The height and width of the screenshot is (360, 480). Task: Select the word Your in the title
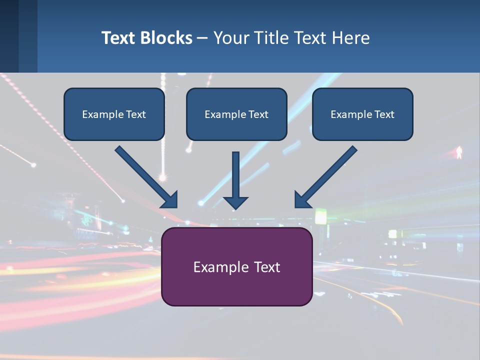pyautogui.click(x=231, y=38)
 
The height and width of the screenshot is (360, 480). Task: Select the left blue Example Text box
pyautogui.click(x=114, y=114)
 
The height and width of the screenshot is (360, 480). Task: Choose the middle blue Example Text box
pyautogui.click(x=236, y=114)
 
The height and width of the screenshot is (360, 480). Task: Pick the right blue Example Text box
pyautogui.click(x=362, y=114)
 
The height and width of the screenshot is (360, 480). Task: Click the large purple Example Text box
pyautogui.click(x=237, y=266)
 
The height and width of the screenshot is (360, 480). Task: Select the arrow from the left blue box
pyautogui.click(x=145, y=176)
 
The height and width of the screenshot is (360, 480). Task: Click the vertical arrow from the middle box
pyautogui.click(x=235, y=175)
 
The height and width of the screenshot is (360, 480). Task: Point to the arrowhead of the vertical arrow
pyautogui.click(x=235, y=202)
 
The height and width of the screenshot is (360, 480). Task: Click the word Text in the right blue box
pyautogui.click(x=384, y=114)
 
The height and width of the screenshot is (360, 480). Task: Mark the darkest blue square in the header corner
pyautogui.click(x=9, y=36)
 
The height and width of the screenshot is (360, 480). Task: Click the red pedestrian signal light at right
pyautogui.click(x=459, y=152)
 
